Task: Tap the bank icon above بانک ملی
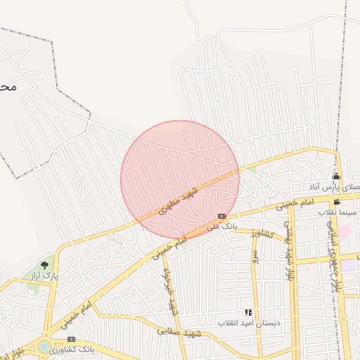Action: coord(222,216)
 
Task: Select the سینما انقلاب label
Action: coord(338,212)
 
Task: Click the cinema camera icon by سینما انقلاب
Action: coord(337,202)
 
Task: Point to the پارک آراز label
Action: coord(44,276)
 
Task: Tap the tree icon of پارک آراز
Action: coord(45,265)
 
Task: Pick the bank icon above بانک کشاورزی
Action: coord(71,340)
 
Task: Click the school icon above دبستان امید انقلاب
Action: coord(247,312)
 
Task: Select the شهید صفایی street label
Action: coord(181,333)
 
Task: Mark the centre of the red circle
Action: coord(180,180)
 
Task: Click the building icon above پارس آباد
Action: coord(336,176)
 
